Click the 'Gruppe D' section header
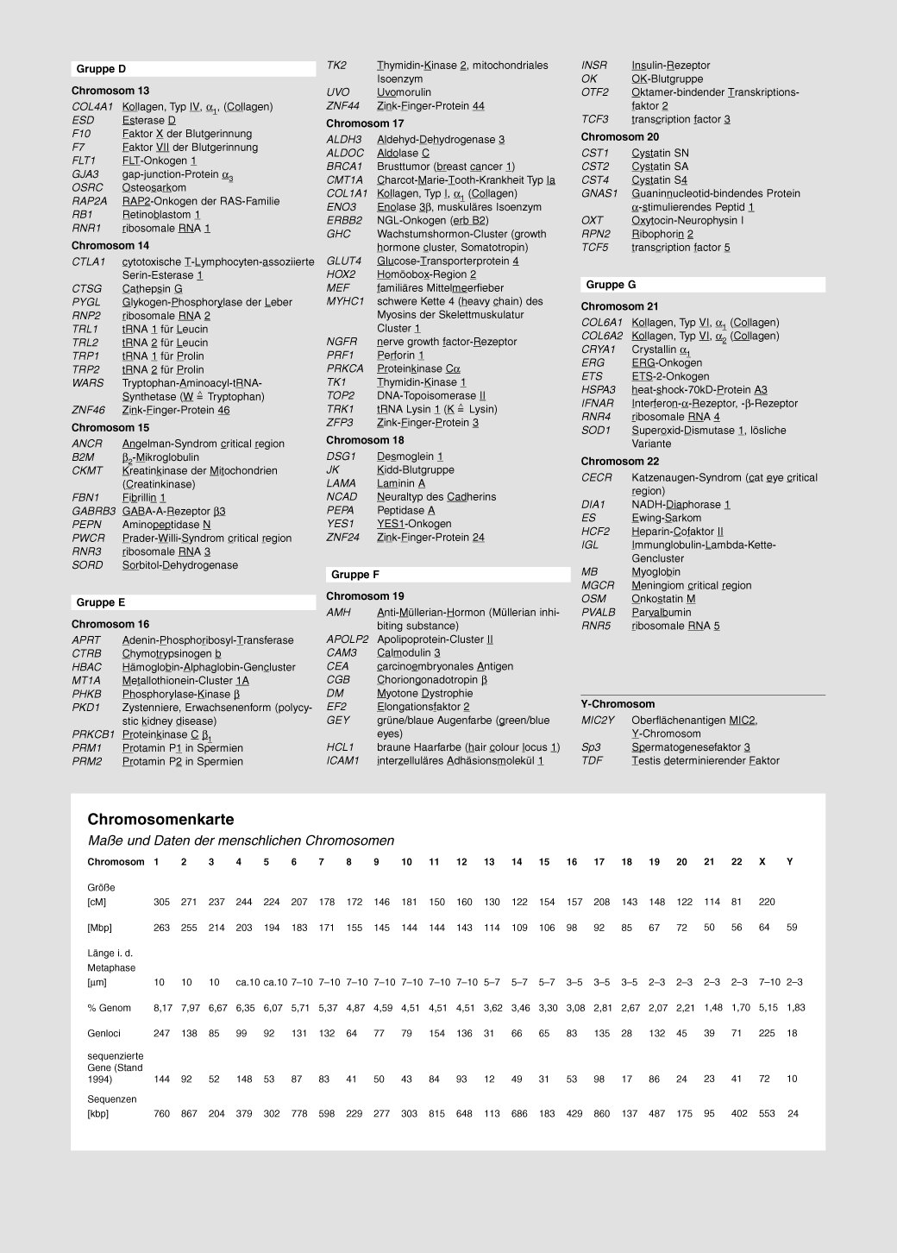pyautogui.click(x=101, y=69)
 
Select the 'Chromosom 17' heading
pyautogui.click(x=365, y=123)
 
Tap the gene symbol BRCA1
pyautogui.click(x=344, y=167)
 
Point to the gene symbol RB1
pyautogui.click(x=83, y=215)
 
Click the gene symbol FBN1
pyautogui.click(x=85, y=498)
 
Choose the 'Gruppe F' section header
pyautogui.click(x=355, y=575)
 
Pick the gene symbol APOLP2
pyautogui.click(x=348, y=639)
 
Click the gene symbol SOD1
pyautogui.click(x=595, y=431)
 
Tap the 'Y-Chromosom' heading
pyautogui.click(x=618, y=704)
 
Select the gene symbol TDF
pyautogui.click(x=592, y=761)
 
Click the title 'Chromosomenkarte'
pyautogui.click(x=160, y=819)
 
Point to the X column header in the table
pyautogui.click(x=762, y=862)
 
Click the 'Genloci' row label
pyautogui.click(x=104, y=1033)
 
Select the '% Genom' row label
pyautogui.click(x=109, y=1008)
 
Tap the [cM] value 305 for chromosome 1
pyautogui.click(x=161, y=902)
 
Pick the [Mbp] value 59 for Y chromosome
pyautogui.click(x=792, y=928)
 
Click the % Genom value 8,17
pyautogui.click(x=162, y=1008)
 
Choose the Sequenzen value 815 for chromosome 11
pyautogui.click(x=436, y=1113)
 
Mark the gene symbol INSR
pyautogui.click(x=594, y=66)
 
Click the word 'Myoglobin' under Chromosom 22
pyautogui.click(x=655, y=572)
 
